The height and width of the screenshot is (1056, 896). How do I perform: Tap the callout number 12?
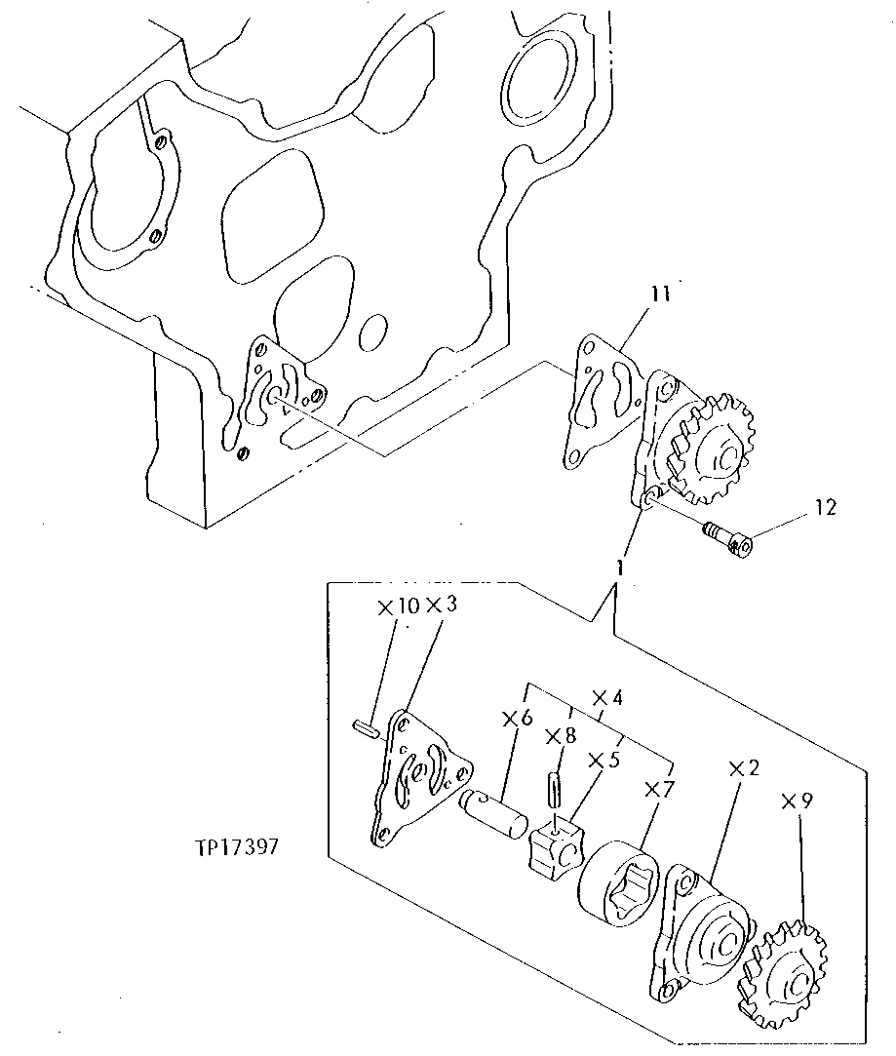pyautogui.click(x=824, y=508)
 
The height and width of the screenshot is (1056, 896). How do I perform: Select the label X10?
pyautogui.click(x=399, y=606)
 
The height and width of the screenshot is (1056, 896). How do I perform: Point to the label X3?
pyautogui.click(x=441, y=606)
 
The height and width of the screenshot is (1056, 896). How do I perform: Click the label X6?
pyautogui.click(x=517, y=719)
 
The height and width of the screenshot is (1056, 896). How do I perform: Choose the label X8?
pyautogui.click(x=561, y=735)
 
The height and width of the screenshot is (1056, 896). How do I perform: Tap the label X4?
pyautogui.click(x=606, y=698)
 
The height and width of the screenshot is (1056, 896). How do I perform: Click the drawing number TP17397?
pyautogui.click(x=237, y=846)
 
